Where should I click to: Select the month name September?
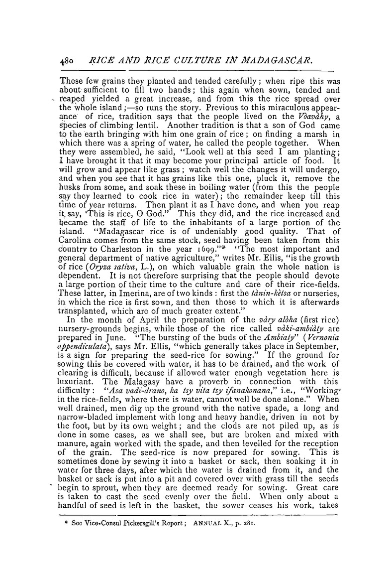click(307, 366)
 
